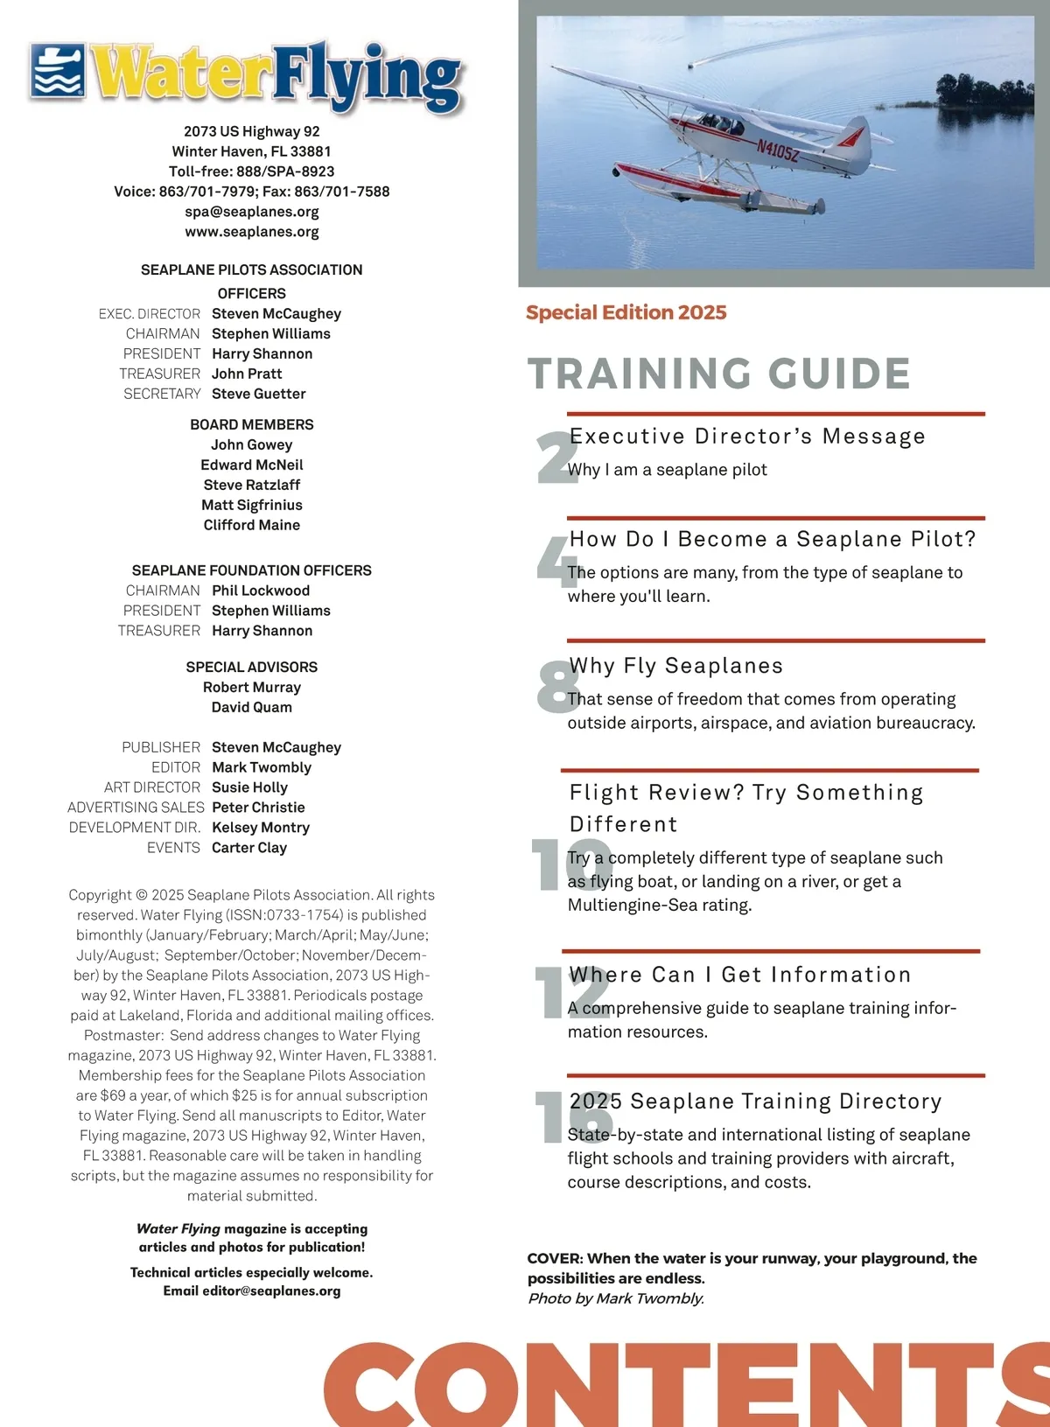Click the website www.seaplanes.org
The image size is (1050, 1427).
(252, 232)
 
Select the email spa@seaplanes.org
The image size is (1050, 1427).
(252, 212)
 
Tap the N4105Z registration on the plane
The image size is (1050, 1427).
(777, 150)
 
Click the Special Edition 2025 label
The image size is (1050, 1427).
(626, 313)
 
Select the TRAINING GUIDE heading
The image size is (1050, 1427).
(719, 374)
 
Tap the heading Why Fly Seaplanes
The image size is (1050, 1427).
(676, 666)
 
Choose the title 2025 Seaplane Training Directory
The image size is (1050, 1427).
(756, 1102)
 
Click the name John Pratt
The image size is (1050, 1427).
(247, 374)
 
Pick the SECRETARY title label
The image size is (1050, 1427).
(162, 394)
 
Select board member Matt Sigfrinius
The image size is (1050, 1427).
(252, 505)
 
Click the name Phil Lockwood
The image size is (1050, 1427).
(261, 591)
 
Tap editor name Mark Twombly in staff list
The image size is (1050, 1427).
(262, 767)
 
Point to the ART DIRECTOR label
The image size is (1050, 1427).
(152, 787)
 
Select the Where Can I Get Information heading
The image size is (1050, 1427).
(740, 975)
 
